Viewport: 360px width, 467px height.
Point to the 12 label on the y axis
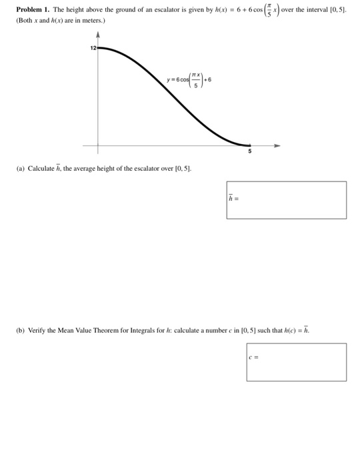[93, 48]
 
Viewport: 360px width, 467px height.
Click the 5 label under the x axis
[250, 152]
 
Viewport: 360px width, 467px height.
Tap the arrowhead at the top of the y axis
[99, 35]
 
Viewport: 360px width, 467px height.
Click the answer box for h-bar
[287, 199]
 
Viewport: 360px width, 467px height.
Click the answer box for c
[296, 362]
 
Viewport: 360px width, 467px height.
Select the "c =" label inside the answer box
[253, 357]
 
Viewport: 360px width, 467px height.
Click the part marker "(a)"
[20, 169]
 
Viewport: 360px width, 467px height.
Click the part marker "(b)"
[21, 330]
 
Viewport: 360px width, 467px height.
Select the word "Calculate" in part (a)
[41, 169]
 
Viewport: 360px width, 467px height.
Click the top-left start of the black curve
[100, 48]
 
